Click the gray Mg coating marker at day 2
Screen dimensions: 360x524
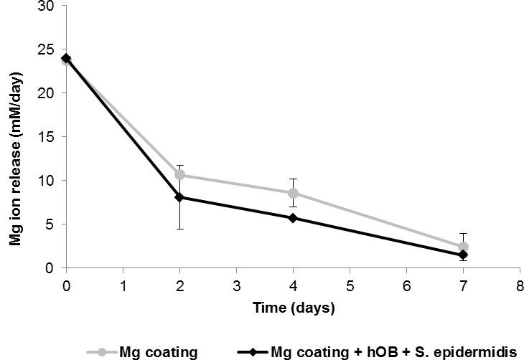click(x=179, y=174)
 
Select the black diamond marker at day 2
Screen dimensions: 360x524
click(x=179, y=197)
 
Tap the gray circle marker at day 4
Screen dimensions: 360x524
click(x=293, y=193)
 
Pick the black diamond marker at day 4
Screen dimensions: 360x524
click(x=293, y=217)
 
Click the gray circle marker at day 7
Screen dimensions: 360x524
click(x=463, y=247)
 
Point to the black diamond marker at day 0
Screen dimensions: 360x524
click(x=66, y=58)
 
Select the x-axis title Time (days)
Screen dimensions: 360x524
click(x=293, y=308)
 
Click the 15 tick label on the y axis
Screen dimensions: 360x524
click(x=52, y=137)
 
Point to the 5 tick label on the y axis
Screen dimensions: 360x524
click(x=55, y=224)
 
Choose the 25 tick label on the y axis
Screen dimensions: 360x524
click(x=52, y=49)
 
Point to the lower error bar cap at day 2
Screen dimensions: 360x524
click(x=179, y=229)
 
